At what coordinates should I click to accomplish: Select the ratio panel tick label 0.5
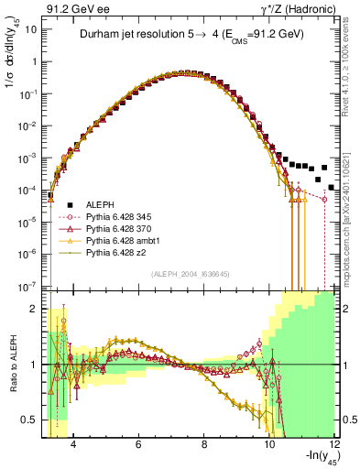(x=29, y=420)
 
